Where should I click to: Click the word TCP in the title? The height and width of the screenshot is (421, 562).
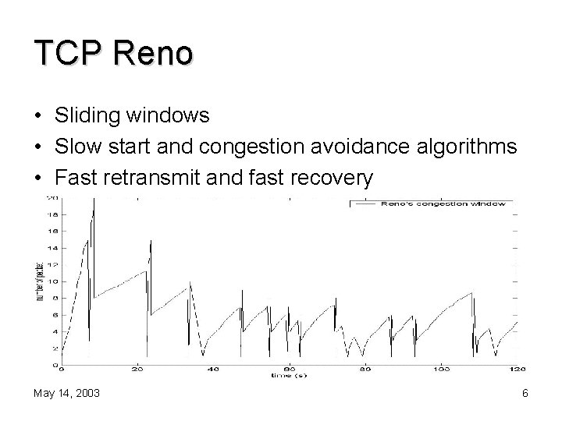[x=69, y=54]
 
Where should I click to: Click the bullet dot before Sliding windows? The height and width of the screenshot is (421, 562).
[x=38, y=117]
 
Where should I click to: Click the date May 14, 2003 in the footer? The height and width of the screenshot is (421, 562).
[x=66, y=394]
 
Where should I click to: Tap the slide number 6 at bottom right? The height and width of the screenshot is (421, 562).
[x=525, y=394]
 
